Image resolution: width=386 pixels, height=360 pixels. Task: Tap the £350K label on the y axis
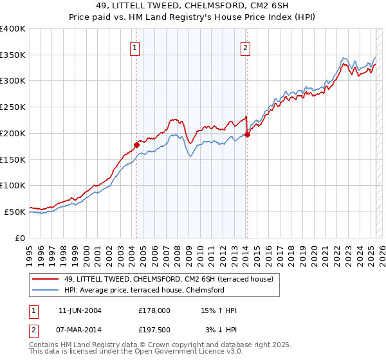(x=12, y=55)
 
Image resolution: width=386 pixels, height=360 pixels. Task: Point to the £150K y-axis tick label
(x=12, y=159)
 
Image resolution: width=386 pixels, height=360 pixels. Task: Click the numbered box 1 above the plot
(x=135, y=47)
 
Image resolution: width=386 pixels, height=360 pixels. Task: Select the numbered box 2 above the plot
(x=246, y=47)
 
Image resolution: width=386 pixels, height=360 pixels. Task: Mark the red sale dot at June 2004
(x=136, y=144)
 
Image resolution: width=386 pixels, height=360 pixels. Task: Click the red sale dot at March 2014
(x=247, y=134)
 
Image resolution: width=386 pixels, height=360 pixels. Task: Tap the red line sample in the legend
(x=46, y=279)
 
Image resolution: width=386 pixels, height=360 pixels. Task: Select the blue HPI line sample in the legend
(x=46, y=290)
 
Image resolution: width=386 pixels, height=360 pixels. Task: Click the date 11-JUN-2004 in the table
(x=80, y=310)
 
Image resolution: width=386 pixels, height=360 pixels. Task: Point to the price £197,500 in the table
(x=154, y=330)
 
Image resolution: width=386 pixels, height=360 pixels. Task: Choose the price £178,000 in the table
(x=154, y=310)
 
